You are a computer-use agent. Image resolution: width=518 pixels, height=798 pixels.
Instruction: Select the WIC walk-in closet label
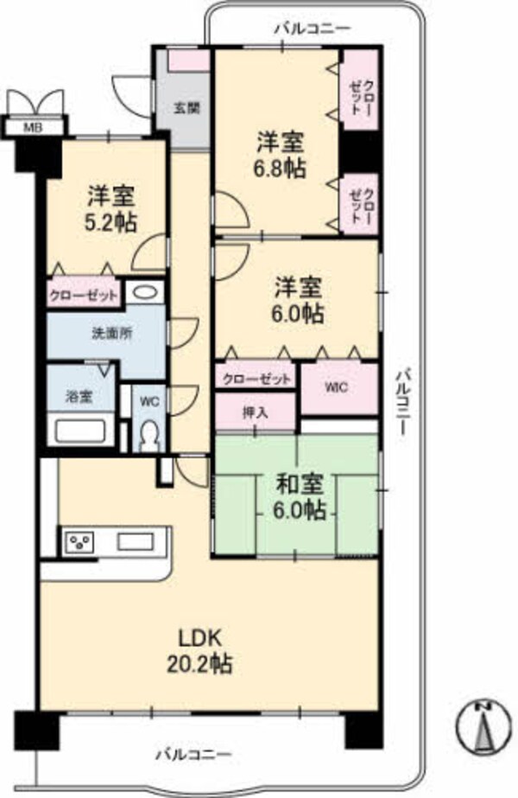(337, 388)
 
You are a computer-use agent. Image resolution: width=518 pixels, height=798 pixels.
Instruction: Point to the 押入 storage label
(256, 412)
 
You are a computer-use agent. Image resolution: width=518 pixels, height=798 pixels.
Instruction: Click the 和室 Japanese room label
(300, 482)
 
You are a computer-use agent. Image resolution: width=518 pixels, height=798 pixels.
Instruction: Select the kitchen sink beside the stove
(136, 543)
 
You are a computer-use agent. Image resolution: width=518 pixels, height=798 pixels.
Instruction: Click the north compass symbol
(485, 725)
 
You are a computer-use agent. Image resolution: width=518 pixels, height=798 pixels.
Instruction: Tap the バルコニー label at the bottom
(193, 755)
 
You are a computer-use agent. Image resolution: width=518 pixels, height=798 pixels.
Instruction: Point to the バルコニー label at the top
(313, 29)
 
